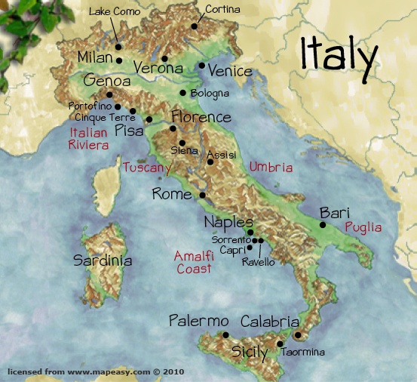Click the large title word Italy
339,54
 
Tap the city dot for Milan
119,59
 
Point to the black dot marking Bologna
182,93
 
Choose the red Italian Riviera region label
88,138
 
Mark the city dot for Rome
201,195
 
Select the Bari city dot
322,224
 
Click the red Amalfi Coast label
193,261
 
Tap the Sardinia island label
103,260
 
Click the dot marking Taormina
280,343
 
